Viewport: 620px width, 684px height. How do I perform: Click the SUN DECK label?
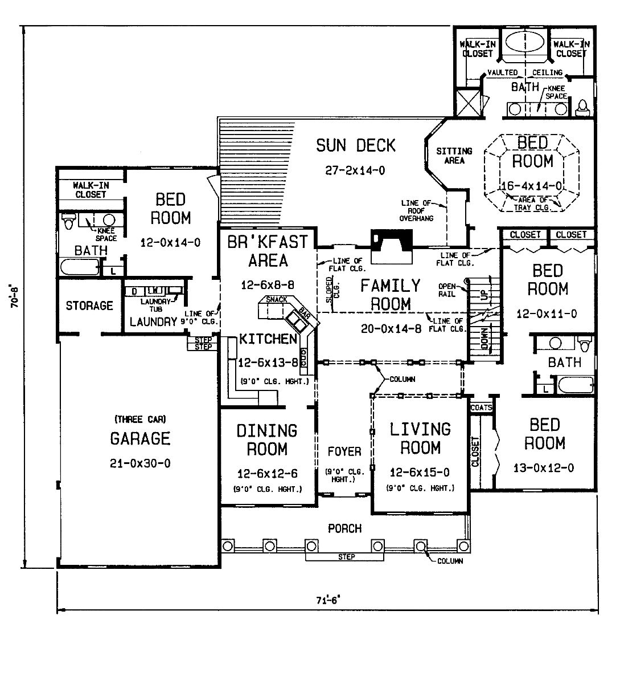355,145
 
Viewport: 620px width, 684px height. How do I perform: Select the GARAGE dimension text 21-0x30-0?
140,463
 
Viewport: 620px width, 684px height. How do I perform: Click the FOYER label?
344,451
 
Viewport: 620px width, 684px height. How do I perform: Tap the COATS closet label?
481,408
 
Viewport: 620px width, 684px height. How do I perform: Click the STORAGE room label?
89,306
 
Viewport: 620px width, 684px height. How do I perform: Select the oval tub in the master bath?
523,42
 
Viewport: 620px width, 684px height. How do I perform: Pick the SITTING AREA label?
454,156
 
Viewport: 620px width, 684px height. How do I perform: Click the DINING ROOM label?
267,439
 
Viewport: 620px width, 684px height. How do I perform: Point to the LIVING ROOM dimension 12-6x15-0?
420,473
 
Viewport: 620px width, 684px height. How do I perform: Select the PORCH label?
344,528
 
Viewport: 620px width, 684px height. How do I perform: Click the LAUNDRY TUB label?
157,304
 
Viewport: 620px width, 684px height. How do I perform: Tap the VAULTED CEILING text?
525,72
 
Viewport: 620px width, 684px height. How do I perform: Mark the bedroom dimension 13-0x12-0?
544,468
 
